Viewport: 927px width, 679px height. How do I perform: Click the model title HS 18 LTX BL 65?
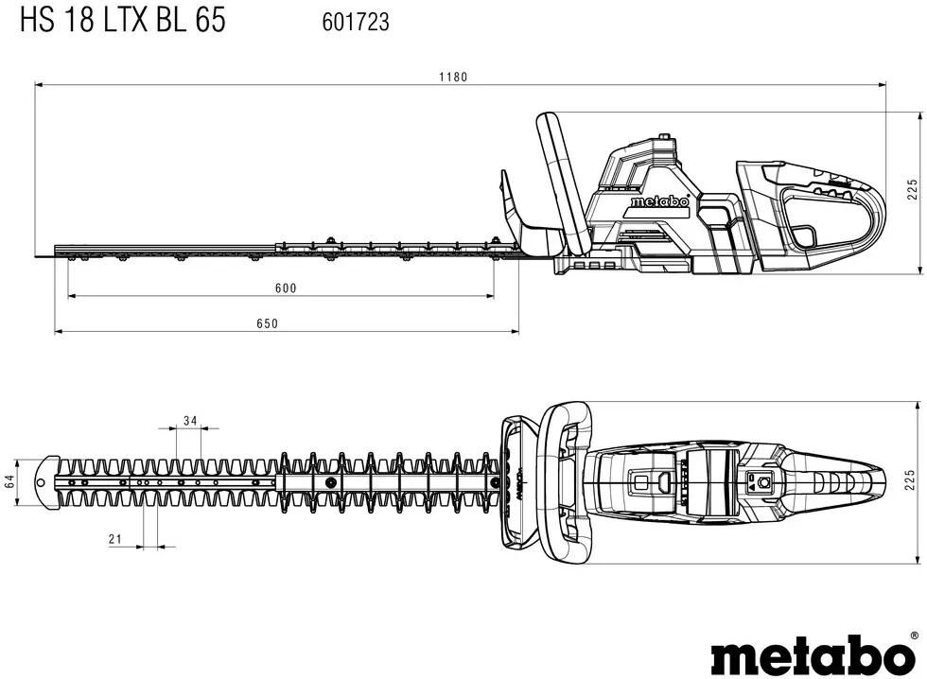point(123,21)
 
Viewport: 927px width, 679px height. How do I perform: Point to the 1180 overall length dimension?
point(452,77)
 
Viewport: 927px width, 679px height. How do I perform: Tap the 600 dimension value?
point(286,288)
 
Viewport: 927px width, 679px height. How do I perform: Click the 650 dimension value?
point(267,323)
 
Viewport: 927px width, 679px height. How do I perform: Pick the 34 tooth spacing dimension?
point(190,421)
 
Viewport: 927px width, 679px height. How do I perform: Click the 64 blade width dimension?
point(10,480)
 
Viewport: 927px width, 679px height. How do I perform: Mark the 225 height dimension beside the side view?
point(912,190)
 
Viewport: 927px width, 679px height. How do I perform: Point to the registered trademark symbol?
point(913,637)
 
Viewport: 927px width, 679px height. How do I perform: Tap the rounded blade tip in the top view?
point(44,479)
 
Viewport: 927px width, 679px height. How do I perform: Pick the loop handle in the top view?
point(564,480)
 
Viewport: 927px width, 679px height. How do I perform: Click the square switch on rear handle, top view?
point(758,481)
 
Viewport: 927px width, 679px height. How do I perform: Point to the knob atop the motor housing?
point(666,140)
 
